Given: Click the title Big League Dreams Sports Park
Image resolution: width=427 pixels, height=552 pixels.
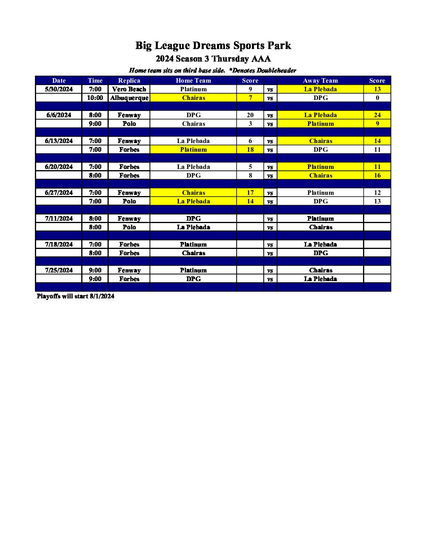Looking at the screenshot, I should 213,45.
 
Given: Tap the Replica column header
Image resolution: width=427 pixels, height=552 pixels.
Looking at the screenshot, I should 129,80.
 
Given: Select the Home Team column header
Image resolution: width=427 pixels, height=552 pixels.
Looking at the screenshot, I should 193,80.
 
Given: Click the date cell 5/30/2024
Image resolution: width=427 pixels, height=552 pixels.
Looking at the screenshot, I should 59,89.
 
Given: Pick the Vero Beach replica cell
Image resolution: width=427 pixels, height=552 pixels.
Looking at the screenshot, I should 129,89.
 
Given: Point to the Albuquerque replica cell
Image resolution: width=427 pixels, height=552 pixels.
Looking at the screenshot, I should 129,98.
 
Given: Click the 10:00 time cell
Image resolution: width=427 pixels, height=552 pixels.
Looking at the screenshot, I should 95,98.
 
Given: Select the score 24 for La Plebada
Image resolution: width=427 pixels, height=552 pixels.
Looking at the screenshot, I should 377,115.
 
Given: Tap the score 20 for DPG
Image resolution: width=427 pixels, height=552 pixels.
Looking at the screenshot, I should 250,115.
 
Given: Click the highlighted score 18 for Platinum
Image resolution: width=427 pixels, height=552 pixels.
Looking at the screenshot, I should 250,149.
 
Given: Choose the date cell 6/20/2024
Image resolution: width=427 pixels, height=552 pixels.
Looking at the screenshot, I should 59,167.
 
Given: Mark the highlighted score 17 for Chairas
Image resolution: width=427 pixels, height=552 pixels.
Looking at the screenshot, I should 250,192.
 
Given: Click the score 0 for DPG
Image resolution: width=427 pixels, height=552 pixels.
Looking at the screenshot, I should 377,98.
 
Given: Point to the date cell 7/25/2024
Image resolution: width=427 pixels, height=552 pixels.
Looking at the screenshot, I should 59,270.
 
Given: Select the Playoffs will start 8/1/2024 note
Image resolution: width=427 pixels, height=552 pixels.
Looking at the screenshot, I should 75,296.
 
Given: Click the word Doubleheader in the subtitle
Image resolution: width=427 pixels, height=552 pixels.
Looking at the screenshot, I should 276,71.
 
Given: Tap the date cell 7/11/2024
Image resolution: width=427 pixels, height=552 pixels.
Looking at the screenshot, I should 59,218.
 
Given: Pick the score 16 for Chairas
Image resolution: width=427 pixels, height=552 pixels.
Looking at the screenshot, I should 377,175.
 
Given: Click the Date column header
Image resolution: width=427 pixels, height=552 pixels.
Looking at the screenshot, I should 59,80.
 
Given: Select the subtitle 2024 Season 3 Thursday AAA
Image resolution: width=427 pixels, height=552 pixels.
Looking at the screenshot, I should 213,59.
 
